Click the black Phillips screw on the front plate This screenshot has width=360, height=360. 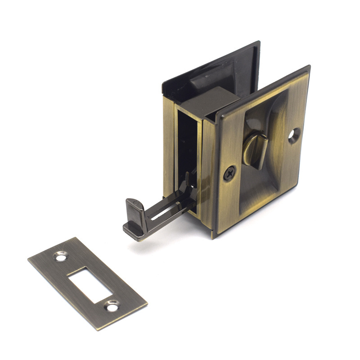[229, 172]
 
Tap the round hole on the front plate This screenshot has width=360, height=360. [294, 135]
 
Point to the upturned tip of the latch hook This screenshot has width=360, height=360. [133, 204]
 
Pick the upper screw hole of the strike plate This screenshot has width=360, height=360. [60, 256]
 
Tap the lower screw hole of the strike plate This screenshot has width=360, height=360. [111, 306]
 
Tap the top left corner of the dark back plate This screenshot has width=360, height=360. [163, 83]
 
